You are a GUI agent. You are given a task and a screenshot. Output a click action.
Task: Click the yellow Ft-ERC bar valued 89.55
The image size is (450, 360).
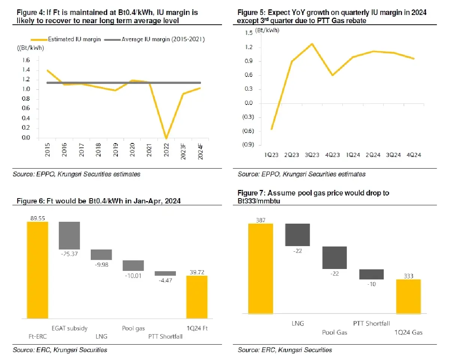tap(37, 270)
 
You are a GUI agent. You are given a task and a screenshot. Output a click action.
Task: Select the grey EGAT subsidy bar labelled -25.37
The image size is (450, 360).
tap(69, 235)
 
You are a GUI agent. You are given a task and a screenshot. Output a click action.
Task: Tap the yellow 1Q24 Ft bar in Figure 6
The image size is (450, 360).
tap(197, 297)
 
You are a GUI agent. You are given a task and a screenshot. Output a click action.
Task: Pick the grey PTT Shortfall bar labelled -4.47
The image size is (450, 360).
tap(165, 273)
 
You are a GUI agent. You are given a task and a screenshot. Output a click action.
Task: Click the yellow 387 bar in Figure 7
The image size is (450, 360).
tap(261, 268)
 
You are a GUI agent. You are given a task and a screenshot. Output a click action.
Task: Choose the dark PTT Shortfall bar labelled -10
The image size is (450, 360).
tap(371, 274)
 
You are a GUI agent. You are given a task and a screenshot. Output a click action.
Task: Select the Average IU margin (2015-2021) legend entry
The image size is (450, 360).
tap(157, 39)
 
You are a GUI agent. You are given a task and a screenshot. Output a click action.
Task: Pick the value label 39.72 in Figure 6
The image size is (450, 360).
tap(197, 272)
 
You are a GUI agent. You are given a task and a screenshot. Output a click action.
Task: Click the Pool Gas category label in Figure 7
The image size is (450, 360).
tap(334, 332)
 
